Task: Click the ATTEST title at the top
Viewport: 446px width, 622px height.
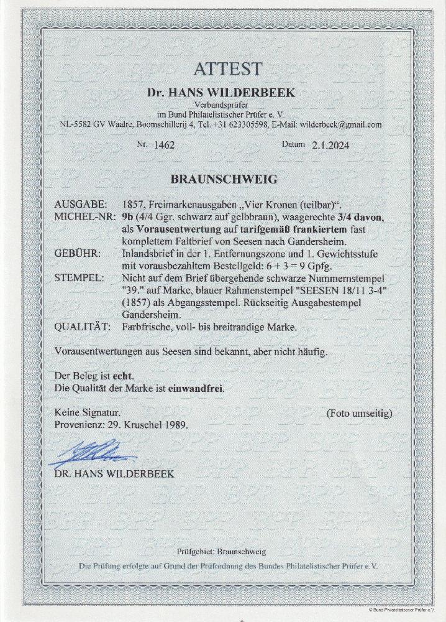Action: pos(223,69)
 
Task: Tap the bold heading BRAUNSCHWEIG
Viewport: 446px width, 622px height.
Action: pos(223,179)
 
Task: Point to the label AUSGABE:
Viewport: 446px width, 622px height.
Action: pos(80,205)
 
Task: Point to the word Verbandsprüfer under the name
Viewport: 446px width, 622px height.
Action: pos(222,103)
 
